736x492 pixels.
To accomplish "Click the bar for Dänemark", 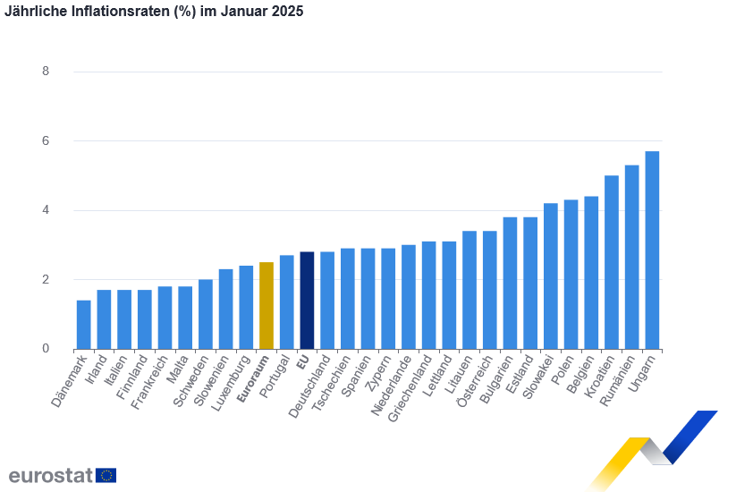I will pyautogui.click(x=83, y=324).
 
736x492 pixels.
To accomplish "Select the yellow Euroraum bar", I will pyautogui.click(x=266, y=305).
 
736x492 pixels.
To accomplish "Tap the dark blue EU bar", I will pyautogui.click(x=307, y=300).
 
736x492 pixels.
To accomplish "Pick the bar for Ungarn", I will pyautogui.click(x=653, y=250).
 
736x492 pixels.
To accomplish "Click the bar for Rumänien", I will pyautogui.click(x=632, y=257).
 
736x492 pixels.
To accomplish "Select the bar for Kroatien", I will pyautogui.click(x=612, y=262).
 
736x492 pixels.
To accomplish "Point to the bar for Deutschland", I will pyautogui.click(x=327, y=300).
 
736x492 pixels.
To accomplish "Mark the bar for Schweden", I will pyautogui.click(x=206, y=314).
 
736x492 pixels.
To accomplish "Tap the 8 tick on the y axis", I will pyautogui.click(x=46, y=72).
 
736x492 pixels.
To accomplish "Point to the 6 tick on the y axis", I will pyautogui.click(x=46, y=141).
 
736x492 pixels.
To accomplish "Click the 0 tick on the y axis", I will pyautogui.click(x=46, y=349).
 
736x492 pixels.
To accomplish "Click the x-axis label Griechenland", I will pyautogui.click(x=415, y=386).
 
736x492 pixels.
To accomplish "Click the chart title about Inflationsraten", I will pyautogui.click(x=154, y=12).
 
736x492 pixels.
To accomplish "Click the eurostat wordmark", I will pyautogui.click(x=50, y=475).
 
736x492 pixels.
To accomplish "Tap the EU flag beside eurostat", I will pyautogui.click(x=106, y=475).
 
